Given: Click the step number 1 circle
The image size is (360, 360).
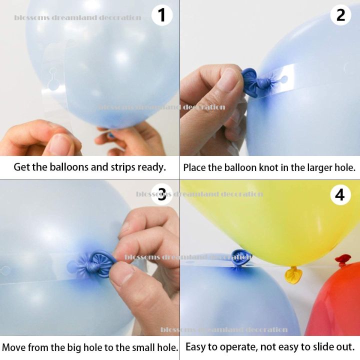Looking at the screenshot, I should [161, 15].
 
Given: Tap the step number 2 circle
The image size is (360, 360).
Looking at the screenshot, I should [340, 15].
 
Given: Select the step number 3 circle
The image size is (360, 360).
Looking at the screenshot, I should [161, 194].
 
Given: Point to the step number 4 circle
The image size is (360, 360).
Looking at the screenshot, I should [340, 194].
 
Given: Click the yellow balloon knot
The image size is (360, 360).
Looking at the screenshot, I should [293, 274].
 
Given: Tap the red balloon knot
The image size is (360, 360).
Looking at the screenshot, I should [343, 260].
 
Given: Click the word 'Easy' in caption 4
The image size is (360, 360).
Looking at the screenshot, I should [196, 346].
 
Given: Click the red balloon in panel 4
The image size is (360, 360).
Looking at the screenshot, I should [335, 305].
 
